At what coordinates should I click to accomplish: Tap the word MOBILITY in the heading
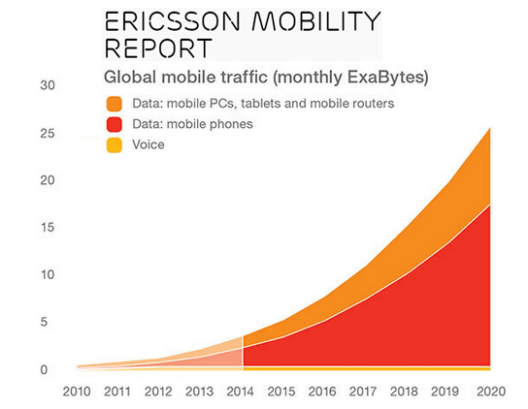click(313, 21)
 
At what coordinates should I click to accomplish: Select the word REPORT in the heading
click(156, 48)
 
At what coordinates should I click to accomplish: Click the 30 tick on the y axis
click(46, 86)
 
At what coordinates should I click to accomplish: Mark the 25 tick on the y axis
click(46, 133)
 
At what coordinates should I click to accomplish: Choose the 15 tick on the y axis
click(46, 228)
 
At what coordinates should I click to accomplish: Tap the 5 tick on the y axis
click(49, 323)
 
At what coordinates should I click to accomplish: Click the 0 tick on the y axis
click(49, 369)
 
